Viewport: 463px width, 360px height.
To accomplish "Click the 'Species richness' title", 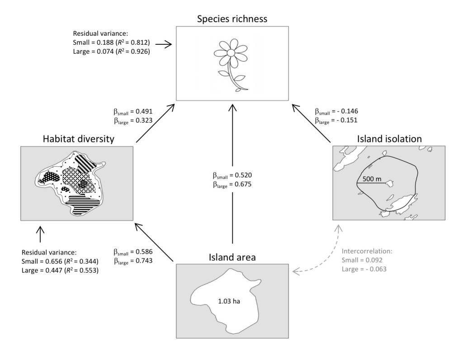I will tap(231, 19).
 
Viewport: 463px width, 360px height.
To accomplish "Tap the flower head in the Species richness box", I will tap(231, 53).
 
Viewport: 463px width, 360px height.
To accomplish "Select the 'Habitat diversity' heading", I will tap(77, 139).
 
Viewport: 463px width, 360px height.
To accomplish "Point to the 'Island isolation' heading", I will tap(389, 138).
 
